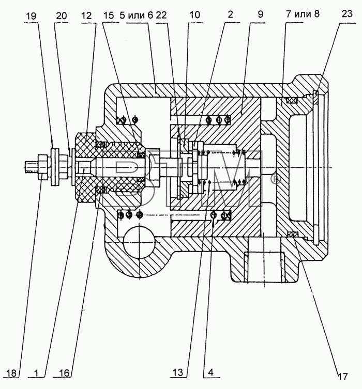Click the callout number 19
pyautogui.click(x=31, y=16)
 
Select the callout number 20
pyautogui.click(x=62, y=16)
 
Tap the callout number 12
pyautogui.click(x=86, y=15)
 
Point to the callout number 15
pyautogui.click(x=109, y=15)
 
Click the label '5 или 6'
pyautogui.click(x=137, y=15)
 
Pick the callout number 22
pyautogui.click(x=161, y=15)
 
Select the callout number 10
pyautogui.click(x=194, y=15)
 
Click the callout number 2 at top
pyautogui.click(x=230, y=14)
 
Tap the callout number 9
pyautogui.click(x=260, y=14)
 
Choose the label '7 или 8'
pyautogui.click(x=303, y=14)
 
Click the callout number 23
pyautogui.click(x=347, y=13)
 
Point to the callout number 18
pyautogui.click(x=12, y=373)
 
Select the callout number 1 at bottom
pyautogui.click(x=36, y=373)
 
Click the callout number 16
pyautogui.click(x=64, y=373)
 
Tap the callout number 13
pyautogui.click(x=178, y=372)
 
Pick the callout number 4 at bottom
pyautogui.click(x=210, y=372)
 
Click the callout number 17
pyautogui.click(x=342, y=377)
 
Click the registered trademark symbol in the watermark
pyautogui.click(x=276, y=179)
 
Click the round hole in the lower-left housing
pyautogui.click(x=139, y=242)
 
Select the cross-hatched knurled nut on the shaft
pyautogui.click(x=86, y=167)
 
